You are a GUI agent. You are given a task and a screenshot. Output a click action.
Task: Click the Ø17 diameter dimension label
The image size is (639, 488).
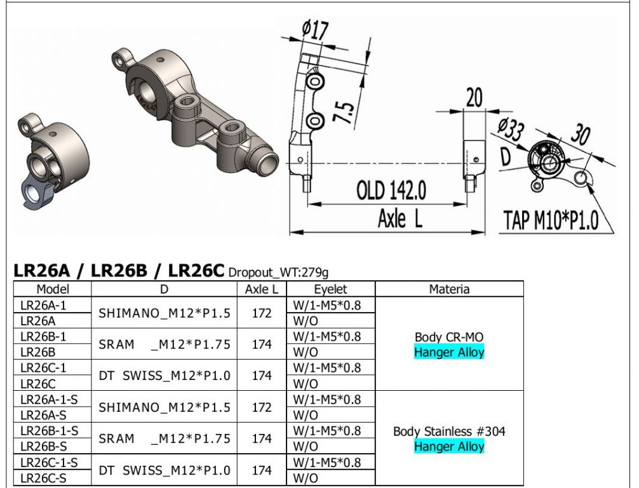[315, 30]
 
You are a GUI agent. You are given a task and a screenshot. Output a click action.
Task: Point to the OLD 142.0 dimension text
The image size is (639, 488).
[391, 190]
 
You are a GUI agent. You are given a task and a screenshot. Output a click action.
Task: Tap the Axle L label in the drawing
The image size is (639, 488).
[400, 218]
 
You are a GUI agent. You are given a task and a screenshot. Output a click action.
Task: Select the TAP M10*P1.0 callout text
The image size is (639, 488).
[551, 220]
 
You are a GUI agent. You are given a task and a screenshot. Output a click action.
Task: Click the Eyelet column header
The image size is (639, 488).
[330, 289]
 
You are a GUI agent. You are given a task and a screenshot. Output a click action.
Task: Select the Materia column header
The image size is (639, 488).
[449, 289]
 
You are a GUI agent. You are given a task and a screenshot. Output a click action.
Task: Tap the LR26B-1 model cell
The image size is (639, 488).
[43, 336]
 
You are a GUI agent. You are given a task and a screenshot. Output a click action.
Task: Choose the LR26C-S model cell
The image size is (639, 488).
[43, 478]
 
